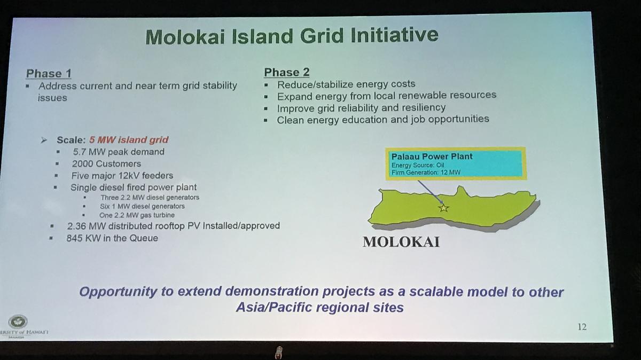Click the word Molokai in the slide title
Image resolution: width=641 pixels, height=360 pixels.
coord(185,37)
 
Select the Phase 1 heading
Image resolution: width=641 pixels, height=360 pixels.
coord(49,74)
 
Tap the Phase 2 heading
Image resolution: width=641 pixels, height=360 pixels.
coord(286,72)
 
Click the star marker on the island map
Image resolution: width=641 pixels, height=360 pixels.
coord(443,208)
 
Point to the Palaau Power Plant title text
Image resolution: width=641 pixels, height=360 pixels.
coord(432,156)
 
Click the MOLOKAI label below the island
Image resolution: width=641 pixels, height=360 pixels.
coord(401,242)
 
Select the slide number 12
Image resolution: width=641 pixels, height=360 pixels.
coord(582,326)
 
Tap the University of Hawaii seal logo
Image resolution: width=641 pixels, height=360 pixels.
coord(18,322)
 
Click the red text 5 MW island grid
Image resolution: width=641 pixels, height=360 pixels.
coord(129,139)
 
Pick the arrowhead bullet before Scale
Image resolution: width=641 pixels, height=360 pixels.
coord(44,140)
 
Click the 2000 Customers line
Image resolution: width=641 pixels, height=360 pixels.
coord(106,163)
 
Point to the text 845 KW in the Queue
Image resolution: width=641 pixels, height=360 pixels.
coord(112,238)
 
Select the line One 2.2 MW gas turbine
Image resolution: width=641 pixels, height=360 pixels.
coord(137,215)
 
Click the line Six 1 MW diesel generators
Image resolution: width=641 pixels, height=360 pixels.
coord(142,206)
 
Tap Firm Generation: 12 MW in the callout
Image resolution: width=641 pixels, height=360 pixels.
coord(426,173)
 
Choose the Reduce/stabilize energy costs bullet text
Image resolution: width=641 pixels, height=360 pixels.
coord(346,84)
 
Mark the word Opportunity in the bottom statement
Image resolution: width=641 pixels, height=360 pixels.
coord(118,292)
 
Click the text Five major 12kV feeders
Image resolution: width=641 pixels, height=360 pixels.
coord(122,175)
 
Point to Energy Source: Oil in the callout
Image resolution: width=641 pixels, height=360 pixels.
coord(418,165)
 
